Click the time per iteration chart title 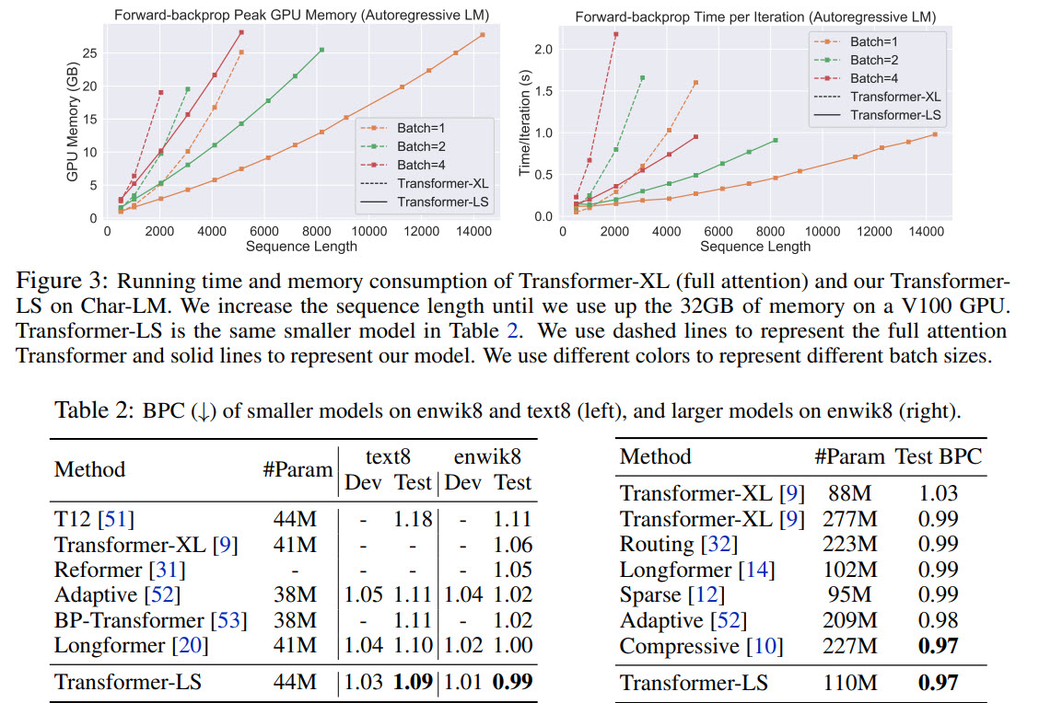(755, 17)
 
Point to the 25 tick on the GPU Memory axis (90, 53)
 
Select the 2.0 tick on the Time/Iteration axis (544, 49)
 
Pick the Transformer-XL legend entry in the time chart (895, 96)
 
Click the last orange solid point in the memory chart (483, 35)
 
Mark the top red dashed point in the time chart (615, 35)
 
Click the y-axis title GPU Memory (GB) (72, 122)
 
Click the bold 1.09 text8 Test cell (413, 682)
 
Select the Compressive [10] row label (701, 646)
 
